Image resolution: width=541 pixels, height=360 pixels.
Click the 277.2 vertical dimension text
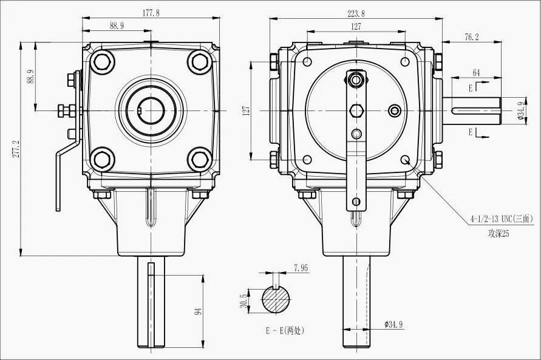point(16,149)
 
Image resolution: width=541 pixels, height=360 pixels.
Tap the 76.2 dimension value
point(471,37)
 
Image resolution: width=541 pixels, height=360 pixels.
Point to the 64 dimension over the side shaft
point(476,73)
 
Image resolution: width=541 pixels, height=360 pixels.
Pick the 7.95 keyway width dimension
point(301,267)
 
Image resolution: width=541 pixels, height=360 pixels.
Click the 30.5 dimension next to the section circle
point(244,301)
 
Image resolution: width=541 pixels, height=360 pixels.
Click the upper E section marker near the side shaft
point(472,89)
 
